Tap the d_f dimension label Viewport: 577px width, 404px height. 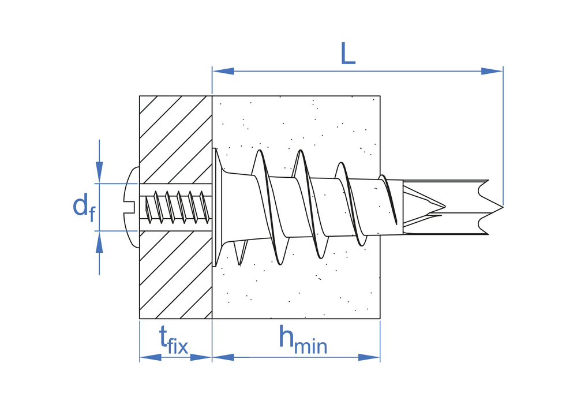click(83, 207)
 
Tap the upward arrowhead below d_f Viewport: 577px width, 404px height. click(99, 243)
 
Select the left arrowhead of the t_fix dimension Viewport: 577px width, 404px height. click(150, 357)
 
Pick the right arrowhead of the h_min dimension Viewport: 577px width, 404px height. click(369, 357)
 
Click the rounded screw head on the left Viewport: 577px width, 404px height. click(132, 207)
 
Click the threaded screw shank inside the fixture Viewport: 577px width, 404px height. click(176, 207)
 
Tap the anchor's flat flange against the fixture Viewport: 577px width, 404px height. click(216, 208)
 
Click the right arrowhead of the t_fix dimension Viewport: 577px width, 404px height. click(201, 357)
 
